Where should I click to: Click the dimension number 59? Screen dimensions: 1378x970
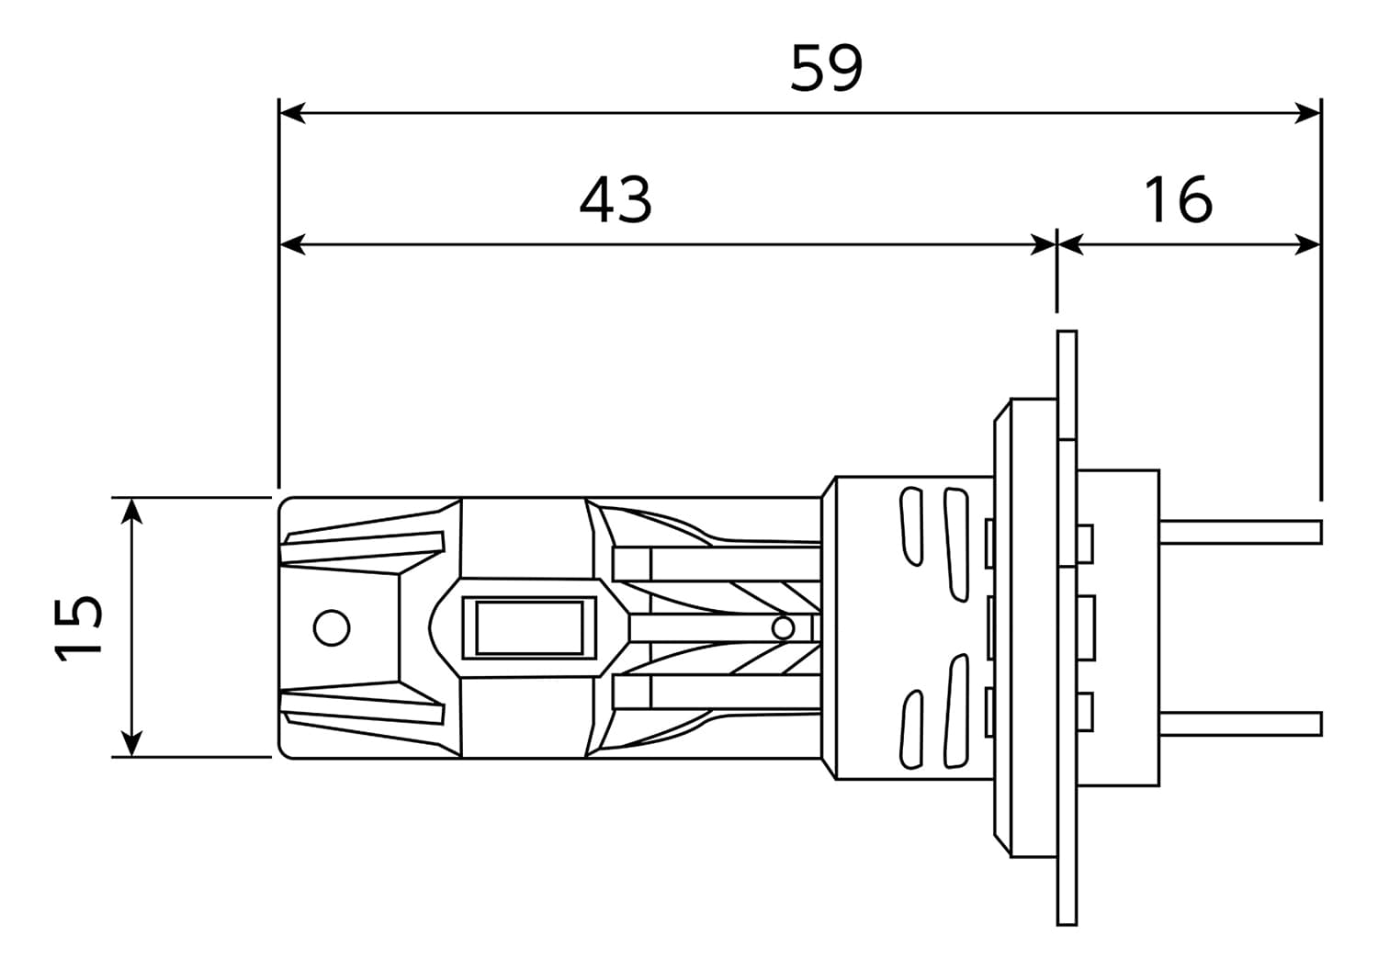click(x=826, y=68)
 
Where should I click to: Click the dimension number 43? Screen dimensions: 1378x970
click(x=616, y=200)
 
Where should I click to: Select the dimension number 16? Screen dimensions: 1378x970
click(x=1179, y=200)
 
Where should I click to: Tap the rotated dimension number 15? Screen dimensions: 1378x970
click(x=78, y=628)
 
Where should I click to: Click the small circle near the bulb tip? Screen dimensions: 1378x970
click(x=332, y=628)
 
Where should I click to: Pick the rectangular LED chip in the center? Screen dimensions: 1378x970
click(x=529, y=628)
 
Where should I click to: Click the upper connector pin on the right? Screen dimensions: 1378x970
click(x=1240, y=532)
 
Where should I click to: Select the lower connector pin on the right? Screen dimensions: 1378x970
click(x=1240, y=724)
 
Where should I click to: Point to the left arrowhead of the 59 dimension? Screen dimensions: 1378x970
click(x=292, y=113)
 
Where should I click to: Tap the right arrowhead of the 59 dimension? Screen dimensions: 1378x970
click(x=1308, y=113)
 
